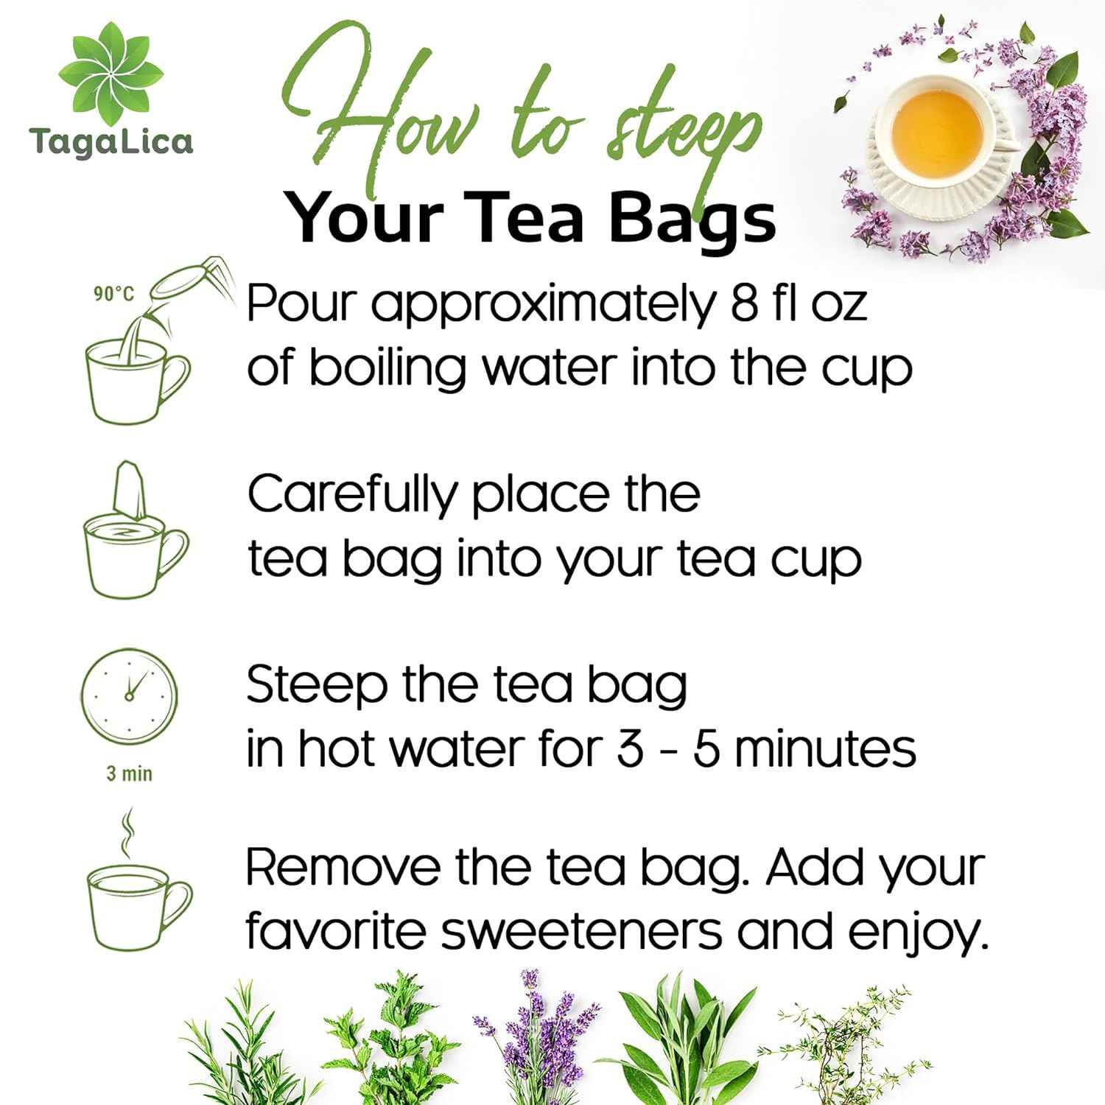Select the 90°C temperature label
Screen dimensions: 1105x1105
(113, 295)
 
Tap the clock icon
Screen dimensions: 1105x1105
(129, 696)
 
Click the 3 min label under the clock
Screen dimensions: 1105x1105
(129, 774)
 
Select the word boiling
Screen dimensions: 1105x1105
(387, 368)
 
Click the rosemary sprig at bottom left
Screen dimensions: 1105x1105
(236, 1046)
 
